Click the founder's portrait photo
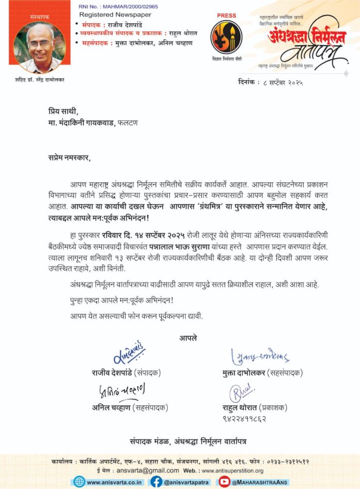click(36, 47)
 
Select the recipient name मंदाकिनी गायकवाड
click(98, 124)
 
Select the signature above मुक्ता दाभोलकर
click(260, 355)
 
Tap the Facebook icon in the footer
click(157, 481)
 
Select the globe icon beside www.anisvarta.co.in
click(79, 481)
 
